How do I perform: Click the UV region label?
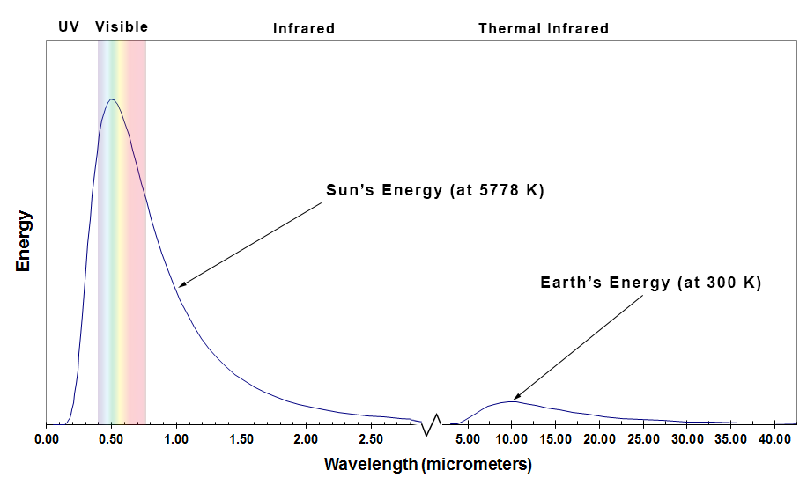[69, 27]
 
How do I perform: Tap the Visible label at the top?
[122, 27]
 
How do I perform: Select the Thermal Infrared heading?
[544, 28]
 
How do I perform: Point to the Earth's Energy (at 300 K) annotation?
[650, 283]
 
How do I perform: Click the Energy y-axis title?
[23, 240]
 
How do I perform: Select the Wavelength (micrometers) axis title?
[428, 463]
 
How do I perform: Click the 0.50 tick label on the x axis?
[111, 438]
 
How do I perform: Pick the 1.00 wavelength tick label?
[176, 438]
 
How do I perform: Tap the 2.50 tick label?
[371, 438]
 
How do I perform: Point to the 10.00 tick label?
[512, 438]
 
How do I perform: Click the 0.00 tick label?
[47, 438]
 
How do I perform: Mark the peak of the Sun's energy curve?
[112, 99]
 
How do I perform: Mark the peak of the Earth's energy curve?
[511, 401]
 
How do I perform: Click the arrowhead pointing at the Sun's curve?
[181, 284]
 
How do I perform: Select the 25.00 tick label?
[646, 438]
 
